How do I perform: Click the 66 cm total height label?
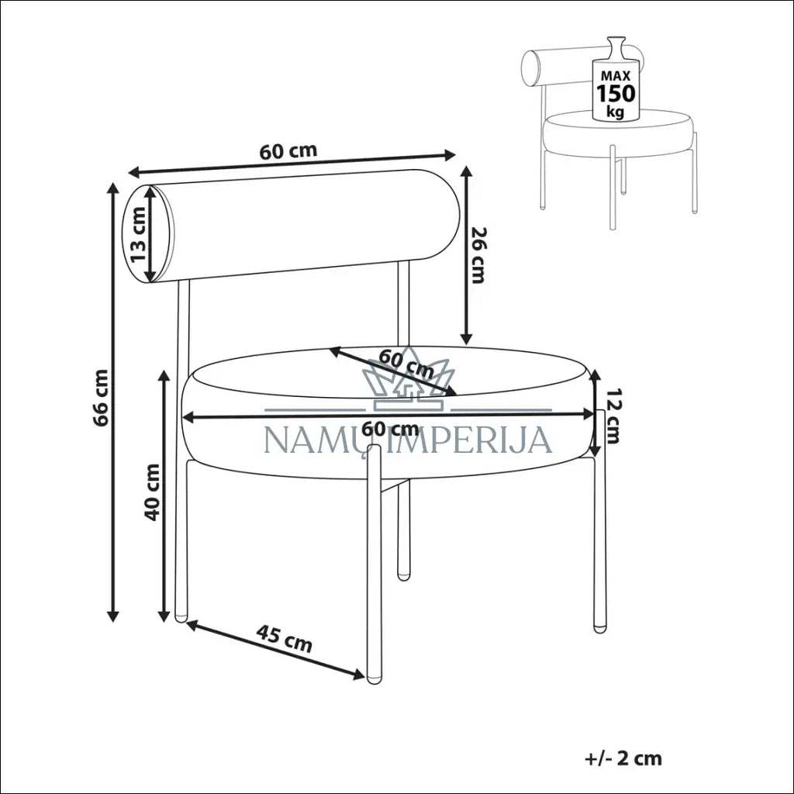[x=102, y=399]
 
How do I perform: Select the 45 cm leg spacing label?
[x=284, y=638]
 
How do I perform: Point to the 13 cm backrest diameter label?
[x=138, y=234]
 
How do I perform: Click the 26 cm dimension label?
[x=478, y=255]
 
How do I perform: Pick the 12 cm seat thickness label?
[x=613, y=416]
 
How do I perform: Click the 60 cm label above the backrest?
[x=288, y=150]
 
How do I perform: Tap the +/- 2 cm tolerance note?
[x=623, y=758]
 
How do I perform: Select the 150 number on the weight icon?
[x=615, y=94]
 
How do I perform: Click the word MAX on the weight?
[x=616, y=77]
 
